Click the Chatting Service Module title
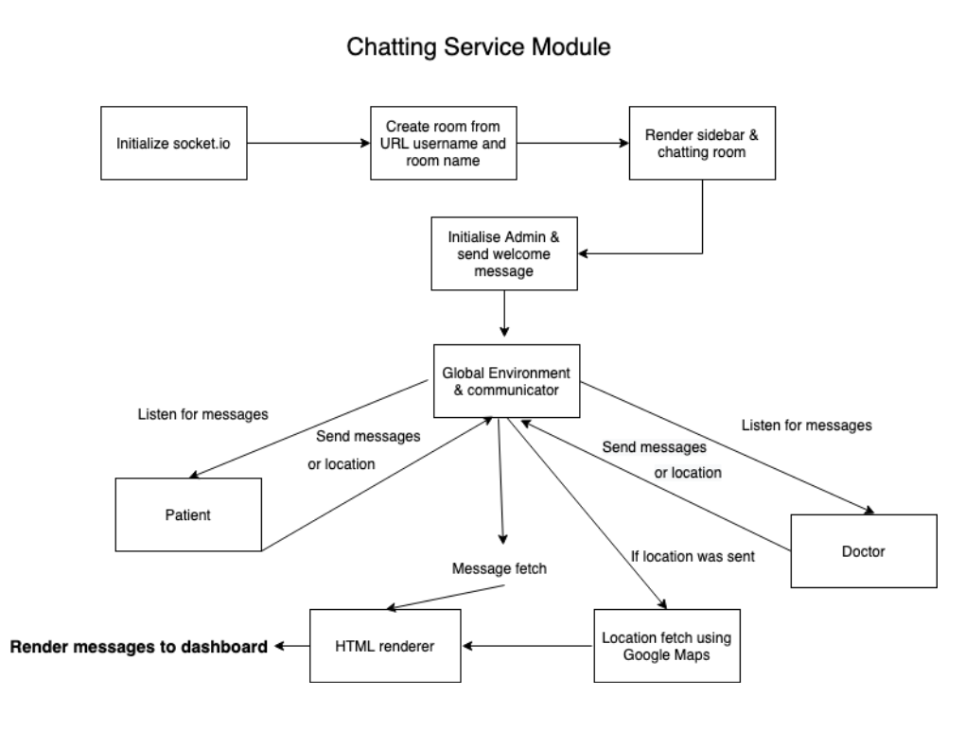click(478, 46)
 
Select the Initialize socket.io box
click(173, 143)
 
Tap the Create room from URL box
click(443, 143)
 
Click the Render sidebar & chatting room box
click(702, 143)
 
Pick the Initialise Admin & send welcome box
click(504, 253)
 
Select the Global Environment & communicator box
click(506, 381)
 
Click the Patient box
click(188, 514)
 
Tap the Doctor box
click(864, 551)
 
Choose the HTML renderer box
click(385, 646)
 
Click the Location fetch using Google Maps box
click(667, 646)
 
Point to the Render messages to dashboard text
click(138, 647)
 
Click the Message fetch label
click(500, 568)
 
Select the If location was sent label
click(693, 556)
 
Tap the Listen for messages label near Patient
click(203, 414)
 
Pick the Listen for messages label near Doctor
click(806, 425)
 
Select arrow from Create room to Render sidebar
click(573, 144)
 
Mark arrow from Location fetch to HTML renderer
click(527, 646)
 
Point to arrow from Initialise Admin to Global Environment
click(504, 314)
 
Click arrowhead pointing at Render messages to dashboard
click(279, 646)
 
